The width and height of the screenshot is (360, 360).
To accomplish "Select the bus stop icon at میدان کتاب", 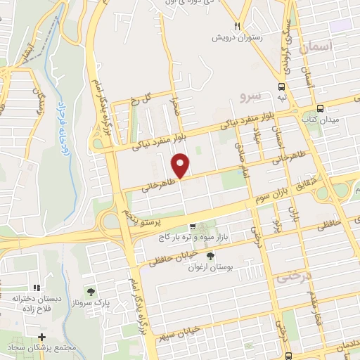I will tap(321, 108).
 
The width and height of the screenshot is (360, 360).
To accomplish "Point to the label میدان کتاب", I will tap(321, 120).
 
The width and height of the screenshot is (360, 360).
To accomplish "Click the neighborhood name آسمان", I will tap(314, 48).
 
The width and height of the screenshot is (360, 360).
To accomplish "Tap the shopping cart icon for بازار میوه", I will tap(192, 227).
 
